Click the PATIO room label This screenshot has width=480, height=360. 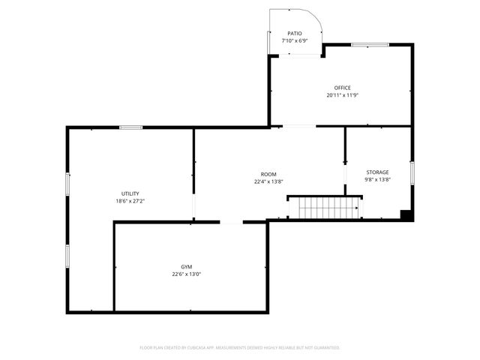coord(295,34)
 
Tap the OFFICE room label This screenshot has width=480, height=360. coord(342,88)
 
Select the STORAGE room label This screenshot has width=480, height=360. coord(377,172)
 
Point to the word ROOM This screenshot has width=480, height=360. coord(268,174)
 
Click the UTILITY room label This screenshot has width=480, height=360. coord(130,193)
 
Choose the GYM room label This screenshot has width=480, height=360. coord(186,267)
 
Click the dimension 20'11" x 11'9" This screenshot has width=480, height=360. coord(342,95)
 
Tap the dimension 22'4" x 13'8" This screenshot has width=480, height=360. coord(268,181)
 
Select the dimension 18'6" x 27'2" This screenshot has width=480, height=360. coord(130,201)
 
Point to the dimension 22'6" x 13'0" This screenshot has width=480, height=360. coord(186,274)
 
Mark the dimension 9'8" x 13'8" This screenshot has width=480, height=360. coord(377,180)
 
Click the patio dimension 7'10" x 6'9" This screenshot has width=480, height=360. coord(295,41)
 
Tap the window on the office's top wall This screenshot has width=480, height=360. coord(370,45)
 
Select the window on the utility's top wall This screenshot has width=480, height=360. coord(131,127)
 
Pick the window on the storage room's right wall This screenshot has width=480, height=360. coord(412,172)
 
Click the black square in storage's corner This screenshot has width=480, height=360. coord(406,215)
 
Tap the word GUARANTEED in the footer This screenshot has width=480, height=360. coord(325,348)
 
